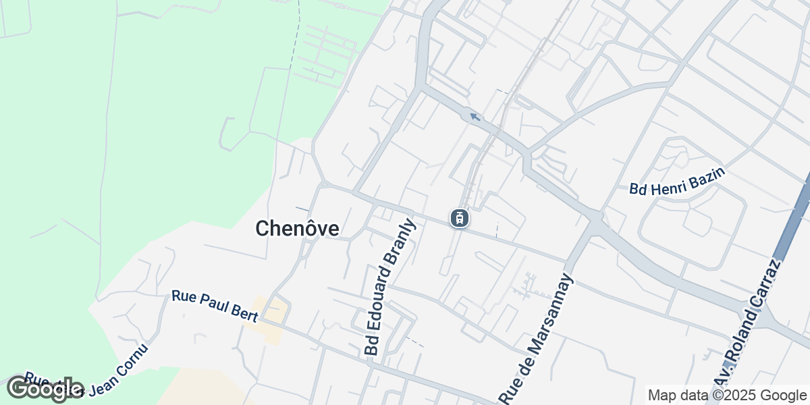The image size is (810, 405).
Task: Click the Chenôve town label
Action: coord(297,229)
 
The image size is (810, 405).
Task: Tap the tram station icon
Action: coord(460,218)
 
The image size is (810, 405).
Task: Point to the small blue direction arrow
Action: coord(475,117)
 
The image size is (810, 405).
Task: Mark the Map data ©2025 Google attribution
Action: coord(727,395)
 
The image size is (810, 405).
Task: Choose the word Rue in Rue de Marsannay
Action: coord(510,391)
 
